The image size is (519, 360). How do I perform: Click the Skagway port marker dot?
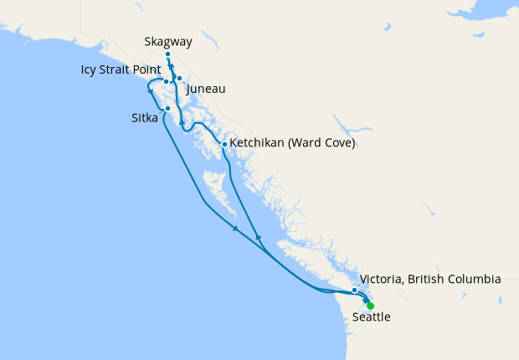pyautogui.click(x=168, y=54)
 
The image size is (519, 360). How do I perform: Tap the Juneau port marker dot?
pyautogui.click(x=179, y=79)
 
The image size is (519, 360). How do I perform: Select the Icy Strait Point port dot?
pyautogui.click(x=167, y=82)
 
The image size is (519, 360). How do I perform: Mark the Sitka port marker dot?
pyautogui.click(x=168, y=109)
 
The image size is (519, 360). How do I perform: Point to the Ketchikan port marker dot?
pyautogui.click(x=224, y=144)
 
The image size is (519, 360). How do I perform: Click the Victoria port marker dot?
pyautogui.click(x=355, y=291)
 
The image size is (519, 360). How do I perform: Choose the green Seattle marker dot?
pyautogui.click(x=370, y=306)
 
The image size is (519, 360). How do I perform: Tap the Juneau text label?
pyautogui.click(x=206, y=88)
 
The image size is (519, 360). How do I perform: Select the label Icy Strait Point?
pyautogui.click(x=122, y=69)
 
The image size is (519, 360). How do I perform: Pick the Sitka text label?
pyautogui.click(x=144, y=119)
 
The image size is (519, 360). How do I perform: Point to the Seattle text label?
pyautogui.click(x=371, y=318)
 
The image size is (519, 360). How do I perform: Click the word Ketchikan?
pyautogui.click(x=259, y=144)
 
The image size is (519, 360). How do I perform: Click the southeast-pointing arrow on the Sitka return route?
pyautogui.click(x=236, y=229)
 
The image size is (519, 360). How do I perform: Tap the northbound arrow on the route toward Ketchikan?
pyautogui.click(x=258, y=238)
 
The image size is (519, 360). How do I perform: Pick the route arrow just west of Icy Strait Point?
pyautogui.click(x=150, y=90)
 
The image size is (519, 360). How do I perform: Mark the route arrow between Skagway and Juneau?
pyautogui.click(x=171, y=67)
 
